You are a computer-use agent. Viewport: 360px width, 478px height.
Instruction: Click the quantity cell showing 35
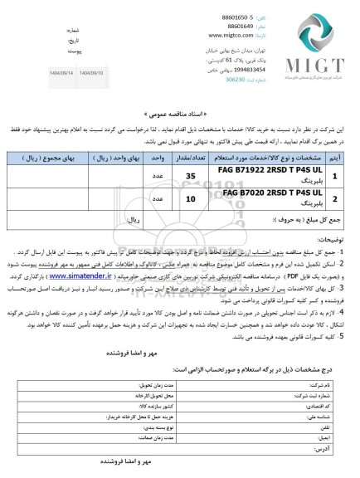pos(190,177)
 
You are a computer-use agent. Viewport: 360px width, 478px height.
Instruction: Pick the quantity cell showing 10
pos(190,199)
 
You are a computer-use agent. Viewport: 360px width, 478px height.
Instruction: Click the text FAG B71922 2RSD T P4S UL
pos(263,170)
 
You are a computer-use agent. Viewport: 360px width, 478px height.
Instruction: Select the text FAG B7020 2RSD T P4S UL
pos(265,193)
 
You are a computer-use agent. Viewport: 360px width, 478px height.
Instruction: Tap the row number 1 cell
pos(334,177)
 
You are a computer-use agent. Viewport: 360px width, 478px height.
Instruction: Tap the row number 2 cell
pos(334,199)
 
